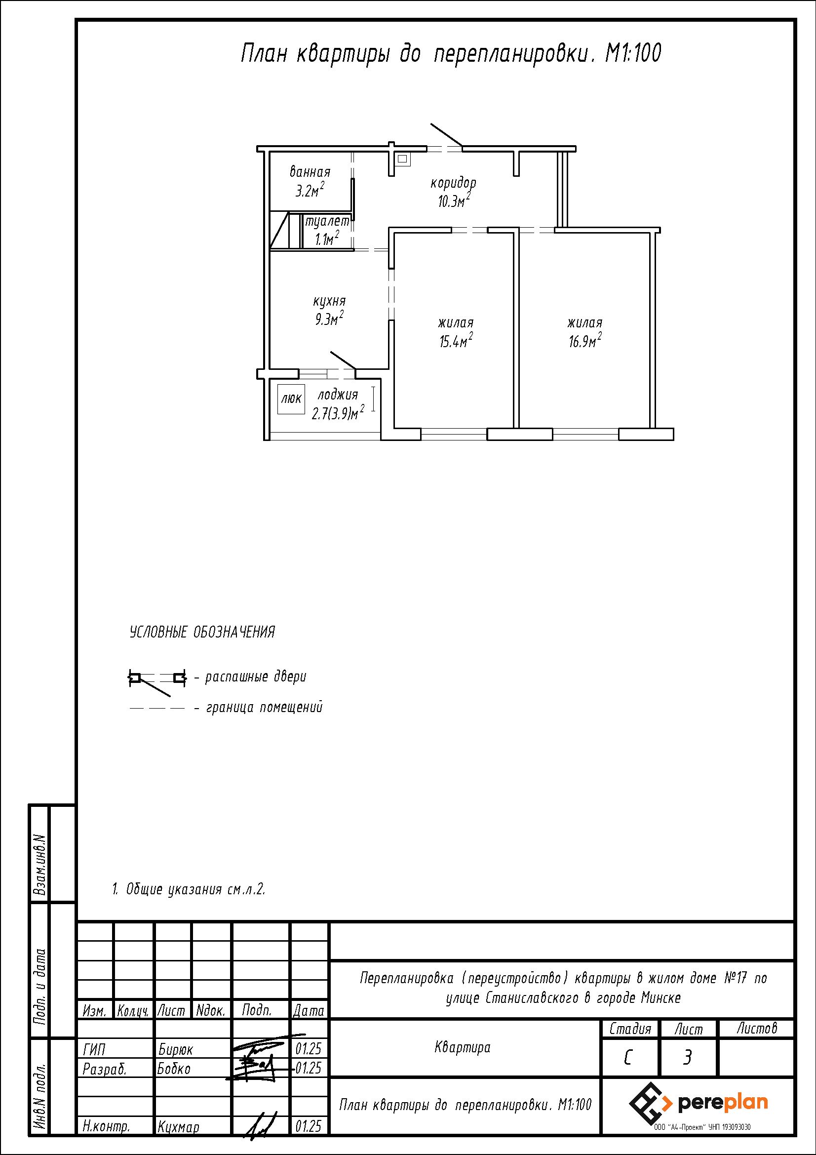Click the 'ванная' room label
[x=310, y=172]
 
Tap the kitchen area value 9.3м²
[x=329, y=319]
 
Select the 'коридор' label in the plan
[x=453, y=183]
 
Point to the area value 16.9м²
[x=585, y=341]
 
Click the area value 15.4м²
[x=456, y=341]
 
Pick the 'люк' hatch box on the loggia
[x=291, y=399]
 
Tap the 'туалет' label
[x=327, y=221]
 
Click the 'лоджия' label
[x=338, y=395]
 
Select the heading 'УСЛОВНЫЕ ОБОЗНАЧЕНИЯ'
[x=202, y=633]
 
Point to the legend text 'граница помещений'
[x=265, y=708]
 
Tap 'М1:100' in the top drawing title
[x=633, y=53]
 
